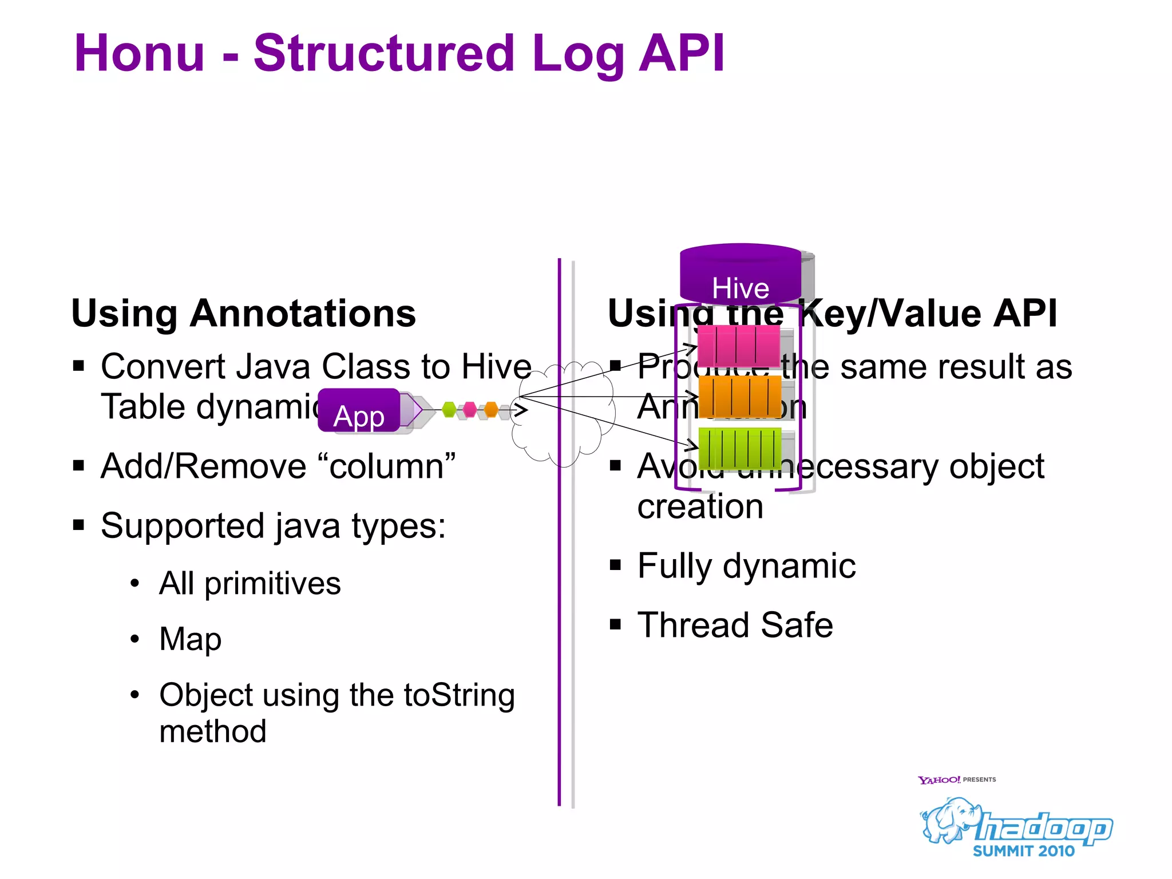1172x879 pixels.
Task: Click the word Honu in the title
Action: pos(139,53)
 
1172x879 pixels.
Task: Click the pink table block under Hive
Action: pos(738,347)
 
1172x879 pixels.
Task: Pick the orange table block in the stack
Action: pos(739,397)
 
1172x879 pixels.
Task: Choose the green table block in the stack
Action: pos(739,448)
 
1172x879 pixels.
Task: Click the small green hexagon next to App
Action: pos(449,410)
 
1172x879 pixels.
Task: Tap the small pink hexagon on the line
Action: pos(470,410)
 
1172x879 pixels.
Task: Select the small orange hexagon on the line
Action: pos(491,410)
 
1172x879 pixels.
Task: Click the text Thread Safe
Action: pos(735,625)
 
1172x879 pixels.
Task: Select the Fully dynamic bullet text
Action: pos(746,566)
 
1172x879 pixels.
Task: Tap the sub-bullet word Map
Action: pos(190,639)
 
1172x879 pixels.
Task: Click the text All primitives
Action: pos(250,584)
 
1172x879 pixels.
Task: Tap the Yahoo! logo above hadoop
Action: pos(939,780)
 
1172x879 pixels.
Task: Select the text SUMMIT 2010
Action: pos(1023,852)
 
